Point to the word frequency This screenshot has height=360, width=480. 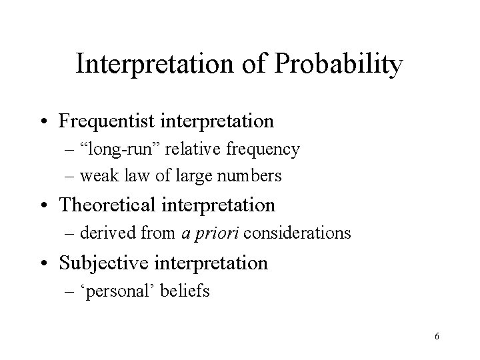pos(263,149)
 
